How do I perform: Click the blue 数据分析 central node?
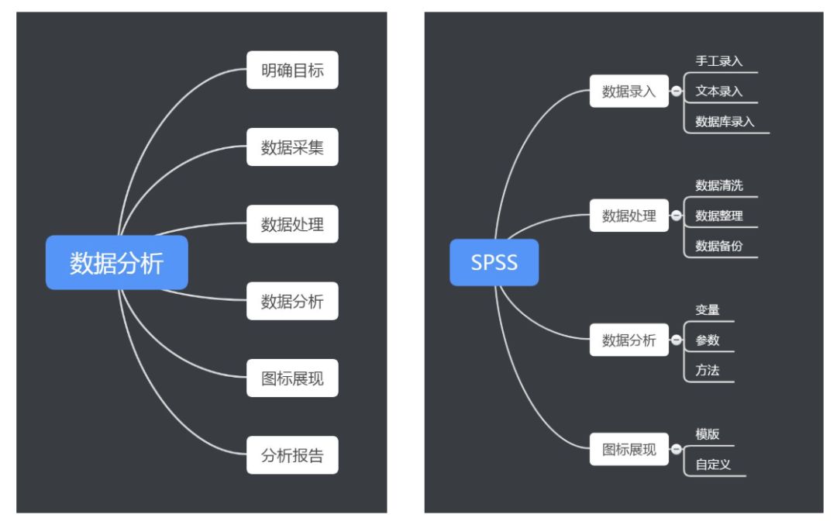(117, 263)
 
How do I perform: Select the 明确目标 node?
(292, 71)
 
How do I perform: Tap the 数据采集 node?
(292, 147)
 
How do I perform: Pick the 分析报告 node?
(292, 455)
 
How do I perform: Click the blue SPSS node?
(494, 263)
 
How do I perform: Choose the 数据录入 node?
(629, 92)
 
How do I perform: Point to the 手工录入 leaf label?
(718, 61)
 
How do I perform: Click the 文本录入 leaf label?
(718, 92)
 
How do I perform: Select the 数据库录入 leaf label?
(725, 122)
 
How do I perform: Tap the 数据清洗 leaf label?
(718, 185)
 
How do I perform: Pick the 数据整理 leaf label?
(718, 216)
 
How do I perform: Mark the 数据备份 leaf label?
(718, 247)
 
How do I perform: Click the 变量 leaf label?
(708, 309)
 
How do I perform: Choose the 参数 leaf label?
(708, 340)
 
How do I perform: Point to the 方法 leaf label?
(708, 371)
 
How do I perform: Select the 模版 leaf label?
(708, 434)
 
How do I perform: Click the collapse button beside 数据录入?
(676, 92)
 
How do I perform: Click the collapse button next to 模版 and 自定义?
(676, 450)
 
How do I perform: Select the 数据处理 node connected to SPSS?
(629, 216)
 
